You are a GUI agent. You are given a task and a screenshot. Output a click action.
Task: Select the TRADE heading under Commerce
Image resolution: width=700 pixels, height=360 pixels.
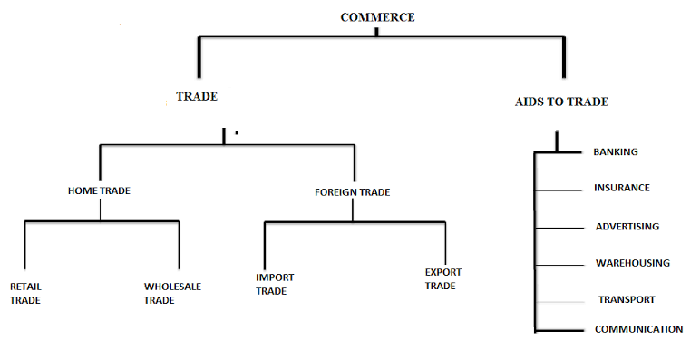pos(197,96)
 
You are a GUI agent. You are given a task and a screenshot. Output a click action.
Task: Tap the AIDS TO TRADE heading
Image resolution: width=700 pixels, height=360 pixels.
pos(561,102)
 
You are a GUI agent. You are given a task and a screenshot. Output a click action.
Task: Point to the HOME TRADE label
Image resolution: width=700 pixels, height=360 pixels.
pos(98,191)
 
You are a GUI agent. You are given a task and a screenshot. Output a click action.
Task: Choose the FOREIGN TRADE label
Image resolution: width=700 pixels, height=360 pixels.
pos(353,191)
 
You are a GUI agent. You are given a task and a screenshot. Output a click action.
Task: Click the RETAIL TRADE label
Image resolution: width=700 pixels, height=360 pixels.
pos(25,293)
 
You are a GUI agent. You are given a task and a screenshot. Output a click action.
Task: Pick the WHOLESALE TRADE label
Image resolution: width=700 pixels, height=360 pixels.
pos(172,293)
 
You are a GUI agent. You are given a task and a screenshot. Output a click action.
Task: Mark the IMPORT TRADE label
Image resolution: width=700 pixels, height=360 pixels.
pos(275,284)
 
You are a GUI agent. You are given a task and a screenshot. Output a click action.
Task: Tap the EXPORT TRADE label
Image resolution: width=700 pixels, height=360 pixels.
pos(442,278)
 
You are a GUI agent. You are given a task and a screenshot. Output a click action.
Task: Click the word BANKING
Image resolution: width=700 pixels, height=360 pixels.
pos(616,152)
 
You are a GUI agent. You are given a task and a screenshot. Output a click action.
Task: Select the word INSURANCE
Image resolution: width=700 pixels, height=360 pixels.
pos(621,188)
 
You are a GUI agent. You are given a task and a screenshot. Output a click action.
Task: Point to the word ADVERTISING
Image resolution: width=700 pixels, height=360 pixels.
pos(627,226)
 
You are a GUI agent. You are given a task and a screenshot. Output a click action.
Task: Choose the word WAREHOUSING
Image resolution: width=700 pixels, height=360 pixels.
pos(632,263)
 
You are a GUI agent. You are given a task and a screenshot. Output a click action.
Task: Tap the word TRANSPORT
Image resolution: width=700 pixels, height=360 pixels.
pos(626,299)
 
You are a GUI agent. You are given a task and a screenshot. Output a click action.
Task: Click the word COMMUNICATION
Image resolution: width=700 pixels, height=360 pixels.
pos(638,329)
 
